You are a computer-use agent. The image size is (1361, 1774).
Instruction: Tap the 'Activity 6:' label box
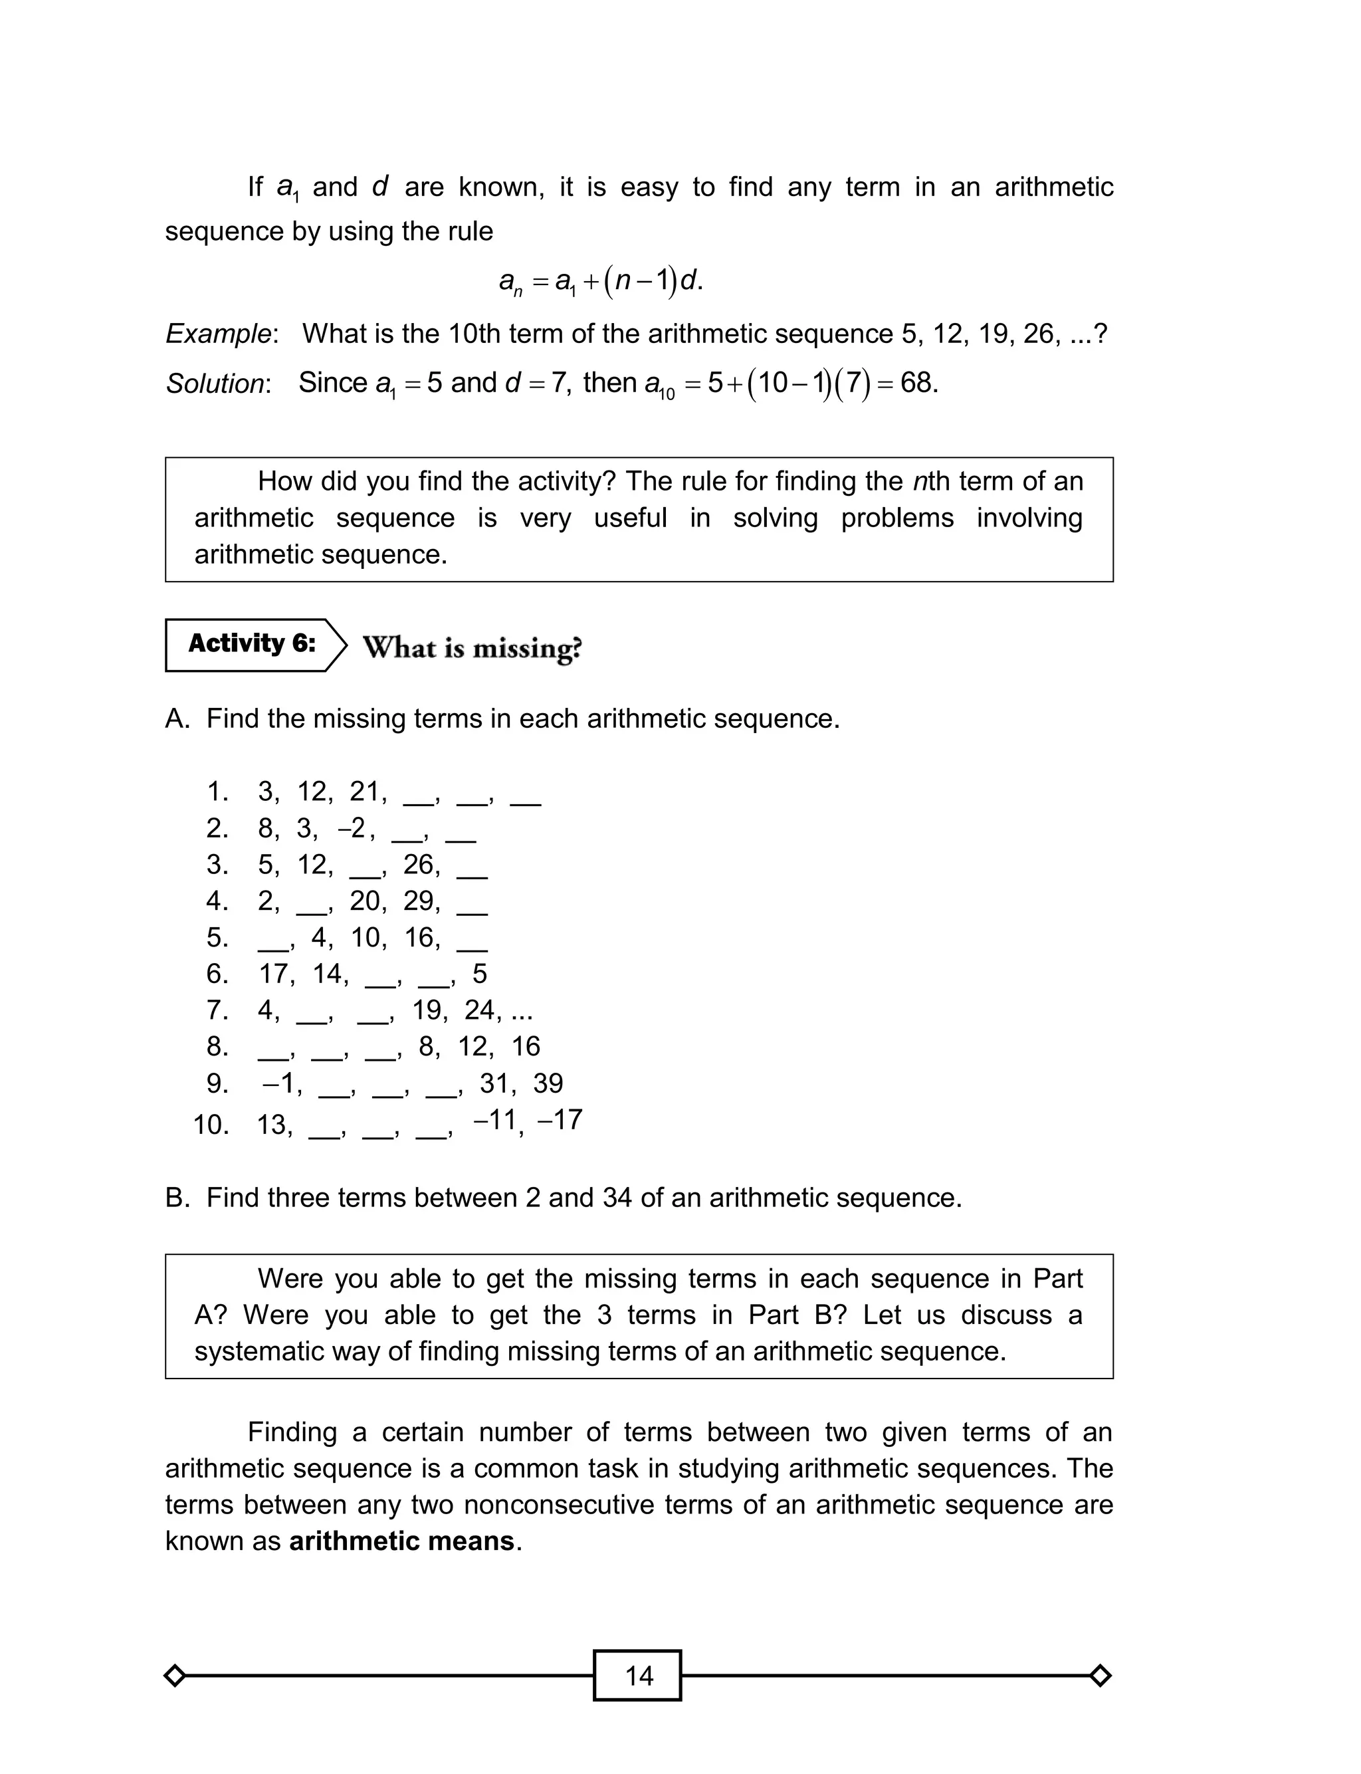pos(251,645)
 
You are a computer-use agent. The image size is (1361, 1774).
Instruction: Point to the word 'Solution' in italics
pos(215,383)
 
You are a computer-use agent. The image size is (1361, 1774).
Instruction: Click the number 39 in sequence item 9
pos(548,1083)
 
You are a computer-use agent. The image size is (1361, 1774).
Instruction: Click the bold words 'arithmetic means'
pos(402,1541)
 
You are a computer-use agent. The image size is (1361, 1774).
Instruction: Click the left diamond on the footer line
pos(174,1675)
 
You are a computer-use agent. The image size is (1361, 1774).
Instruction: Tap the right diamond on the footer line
pos(1100,1675)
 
